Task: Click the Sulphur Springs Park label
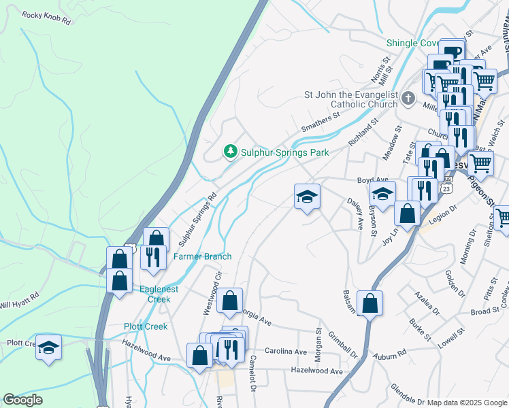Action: [x=284, y=152]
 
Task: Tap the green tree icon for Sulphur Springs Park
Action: [x=231, y=151]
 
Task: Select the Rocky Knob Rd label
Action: [x=46, y=18]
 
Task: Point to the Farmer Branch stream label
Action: [x=202, y=256]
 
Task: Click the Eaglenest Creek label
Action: [x=154, y=294]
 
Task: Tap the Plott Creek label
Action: [x=146, y=326]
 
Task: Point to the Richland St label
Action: [x=362, y=133]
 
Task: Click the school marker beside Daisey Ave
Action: [x=307, y=197]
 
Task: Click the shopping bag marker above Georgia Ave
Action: [x=230, y=300]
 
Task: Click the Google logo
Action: [x=22, y=400]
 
